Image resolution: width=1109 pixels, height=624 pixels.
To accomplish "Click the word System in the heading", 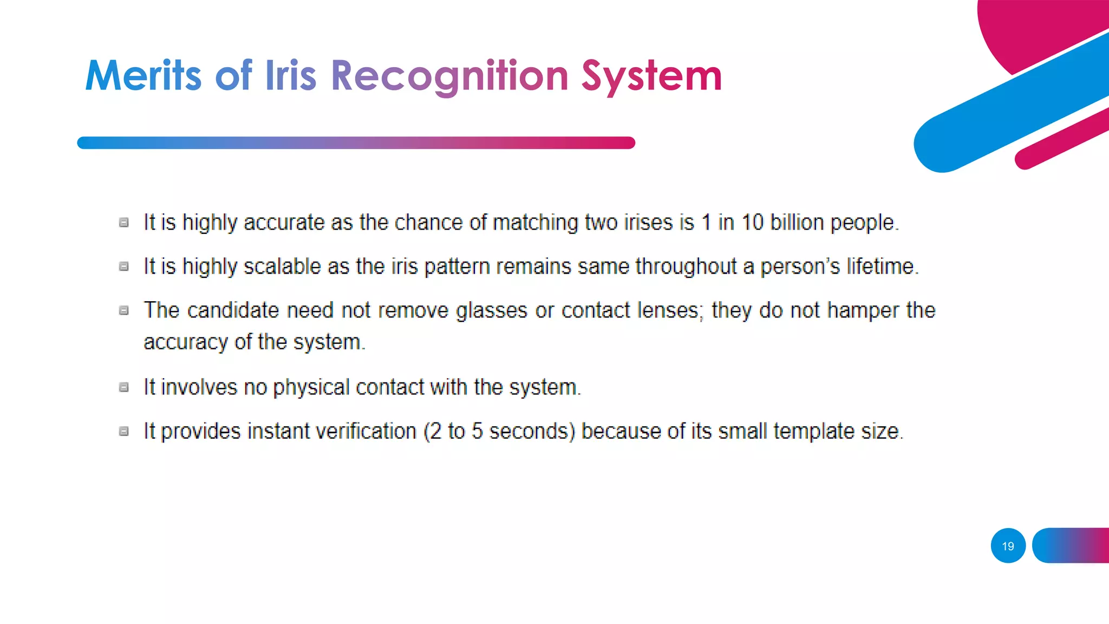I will click(651, 76).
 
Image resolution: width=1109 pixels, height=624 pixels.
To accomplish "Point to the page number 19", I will click(1008, 546).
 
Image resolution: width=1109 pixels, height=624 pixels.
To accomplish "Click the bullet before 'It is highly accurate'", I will click(124, 223).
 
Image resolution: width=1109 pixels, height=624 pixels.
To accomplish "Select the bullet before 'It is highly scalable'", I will click(124, 266).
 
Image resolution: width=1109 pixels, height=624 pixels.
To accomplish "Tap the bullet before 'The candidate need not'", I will click(124, 310).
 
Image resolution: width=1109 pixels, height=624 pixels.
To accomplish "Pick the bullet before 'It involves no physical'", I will click(124, 387).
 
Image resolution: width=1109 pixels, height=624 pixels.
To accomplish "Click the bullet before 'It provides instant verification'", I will click(124, 431).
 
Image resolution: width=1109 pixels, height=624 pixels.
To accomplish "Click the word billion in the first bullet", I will click(797, 223).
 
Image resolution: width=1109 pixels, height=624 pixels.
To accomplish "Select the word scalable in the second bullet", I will click(282, 266).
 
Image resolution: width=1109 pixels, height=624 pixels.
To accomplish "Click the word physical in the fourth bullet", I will click(311, 388).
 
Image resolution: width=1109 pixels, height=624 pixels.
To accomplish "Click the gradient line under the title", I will click(356, 143).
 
